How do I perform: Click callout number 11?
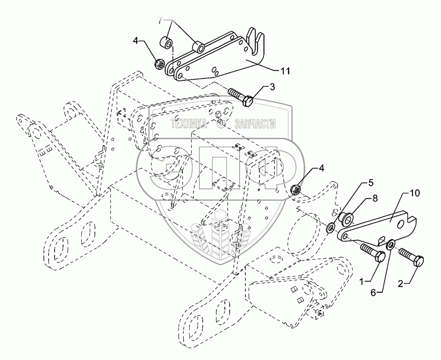[284, 71]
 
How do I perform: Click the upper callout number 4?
[135, 41]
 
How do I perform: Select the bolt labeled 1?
[371, 253]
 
